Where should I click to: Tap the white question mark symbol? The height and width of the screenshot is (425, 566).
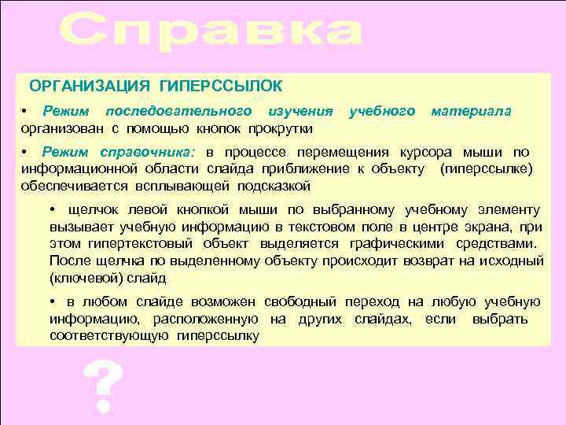click(x=102, y=388)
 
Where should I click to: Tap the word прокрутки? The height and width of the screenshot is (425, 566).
click(x=281, y=128)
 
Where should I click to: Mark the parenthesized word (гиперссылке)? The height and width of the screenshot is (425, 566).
click(x=488, y=168)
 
